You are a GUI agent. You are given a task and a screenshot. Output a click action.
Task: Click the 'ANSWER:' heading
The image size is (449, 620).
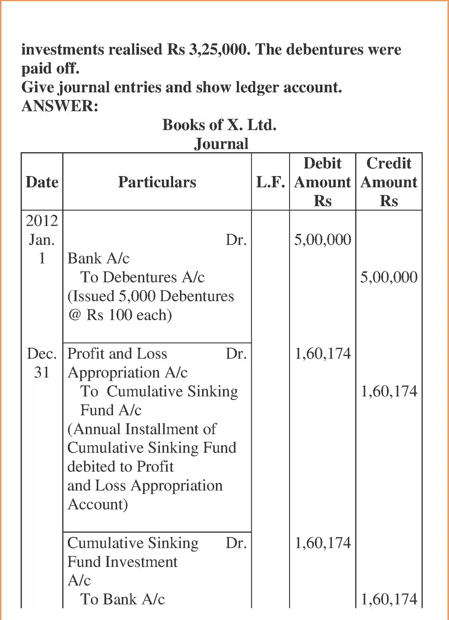pyautogui.click(x=60, y=106)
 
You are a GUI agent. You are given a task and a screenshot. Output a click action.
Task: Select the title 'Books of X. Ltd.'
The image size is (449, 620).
pyautogui.click(x=219, y=125)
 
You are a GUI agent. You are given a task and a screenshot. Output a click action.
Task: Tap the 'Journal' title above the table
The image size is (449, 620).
pyautogui.click(x=221, y=144)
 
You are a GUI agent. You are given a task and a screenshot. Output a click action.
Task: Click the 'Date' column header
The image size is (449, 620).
pyautogui.click(x=42, y=182)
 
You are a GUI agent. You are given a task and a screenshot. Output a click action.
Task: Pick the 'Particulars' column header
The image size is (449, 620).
pyautogui.click(x=157, y=182)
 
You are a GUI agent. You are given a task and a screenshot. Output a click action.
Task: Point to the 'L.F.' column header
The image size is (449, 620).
pyautogui.click(x=270, y=182)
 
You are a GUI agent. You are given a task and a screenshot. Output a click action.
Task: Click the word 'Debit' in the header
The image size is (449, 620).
pyautogui.click(x=322, y=163)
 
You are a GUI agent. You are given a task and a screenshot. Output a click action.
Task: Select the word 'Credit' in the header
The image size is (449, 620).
pyautogui.click(x=389, y=163)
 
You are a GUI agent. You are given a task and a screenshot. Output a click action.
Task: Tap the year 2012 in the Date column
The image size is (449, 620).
pyautogui.click(x=42, y=221)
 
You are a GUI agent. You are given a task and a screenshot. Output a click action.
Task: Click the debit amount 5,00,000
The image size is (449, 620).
pyautogui.click(x=322, y=240)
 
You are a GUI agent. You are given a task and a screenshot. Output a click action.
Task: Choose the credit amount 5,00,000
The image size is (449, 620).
pyautogui.click(x=389, y=277)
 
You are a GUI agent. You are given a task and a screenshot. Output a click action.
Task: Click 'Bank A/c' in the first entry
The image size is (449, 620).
pyautogui.click(x=98, y=258)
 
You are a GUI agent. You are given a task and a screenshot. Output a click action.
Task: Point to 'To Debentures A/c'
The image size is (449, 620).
pyautogui.click(x=142, y=277)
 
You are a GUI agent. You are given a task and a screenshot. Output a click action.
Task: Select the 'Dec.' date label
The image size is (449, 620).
pyautogui.click(x=42, y=353)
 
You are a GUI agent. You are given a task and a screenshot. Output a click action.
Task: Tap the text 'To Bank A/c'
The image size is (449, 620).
pyautogui.click(x=122, y=599)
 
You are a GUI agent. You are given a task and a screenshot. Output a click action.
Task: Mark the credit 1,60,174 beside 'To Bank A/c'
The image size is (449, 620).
pyautogui.click(x=389, y=599)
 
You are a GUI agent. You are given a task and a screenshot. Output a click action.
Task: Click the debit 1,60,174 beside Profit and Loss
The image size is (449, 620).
pyautogui.click(x=322, y=353)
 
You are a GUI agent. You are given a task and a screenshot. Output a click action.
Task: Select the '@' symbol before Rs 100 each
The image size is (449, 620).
pyautogui.click(x=74, y=315)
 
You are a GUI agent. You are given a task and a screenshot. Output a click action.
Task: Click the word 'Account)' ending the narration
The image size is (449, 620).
pyautogui.click(x=98, y=504)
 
